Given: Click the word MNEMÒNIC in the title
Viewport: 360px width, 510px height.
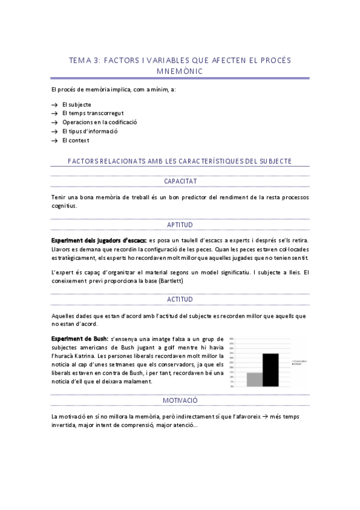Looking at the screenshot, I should (180, 71).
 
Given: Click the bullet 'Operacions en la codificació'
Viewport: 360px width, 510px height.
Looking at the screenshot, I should (99, 122).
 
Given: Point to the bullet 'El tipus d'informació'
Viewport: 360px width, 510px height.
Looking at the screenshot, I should (90, 131).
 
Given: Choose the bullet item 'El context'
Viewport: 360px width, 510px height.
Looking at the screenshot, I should (75, 140).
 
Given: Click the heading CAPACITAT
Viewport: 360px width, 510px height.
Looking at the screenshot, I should (180, 181).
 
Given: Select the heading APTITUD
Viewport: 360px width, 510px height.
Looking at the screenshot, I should (180, 224).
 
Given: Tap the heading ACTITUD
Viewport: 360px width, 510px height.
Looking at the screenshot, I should (180, 299).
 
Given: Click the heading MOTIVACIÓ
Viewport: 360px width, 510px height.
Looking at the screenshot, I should (180, 400).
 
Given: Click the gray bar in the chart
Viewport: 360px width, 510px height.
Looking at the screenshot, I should (255, 379).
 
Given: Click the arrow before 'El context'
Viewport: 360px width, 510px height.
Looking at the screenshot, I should (55, 140).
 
